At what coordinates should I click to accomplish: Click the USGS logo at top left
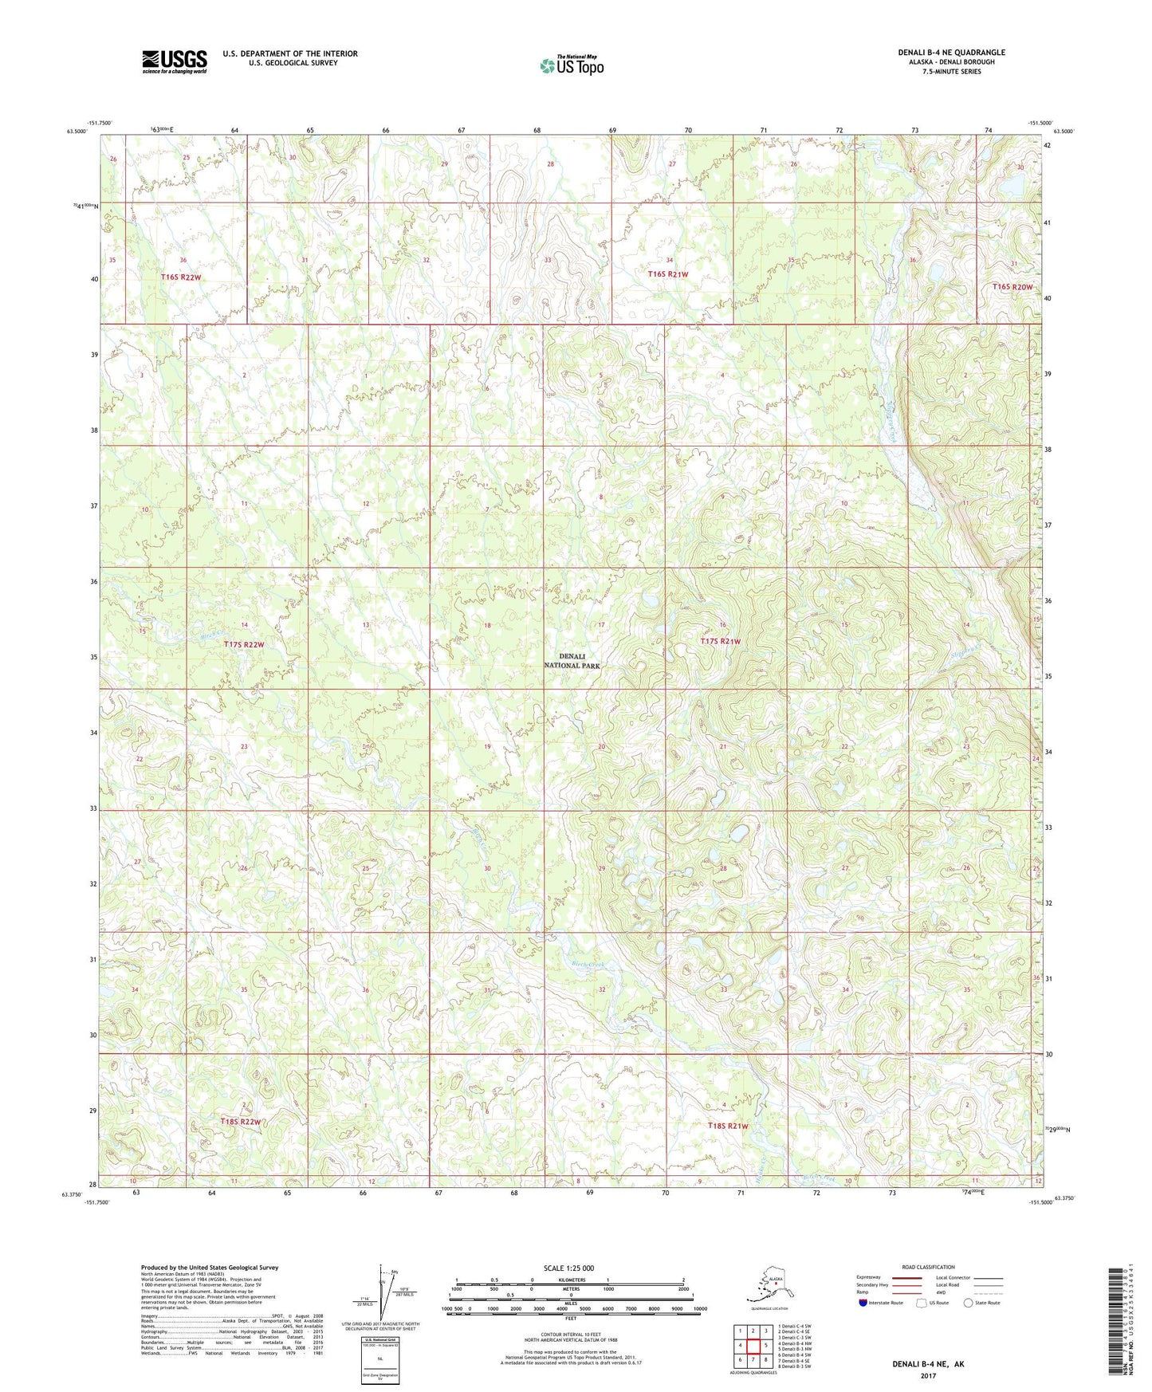click(175, 61)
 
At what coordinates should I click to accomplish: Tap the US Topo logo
click(571, 65)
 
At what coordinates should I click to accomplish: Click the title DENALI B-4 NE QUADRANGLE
click(951, 53)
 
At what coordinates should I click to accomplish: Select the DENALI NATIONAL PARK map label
click(572, 661)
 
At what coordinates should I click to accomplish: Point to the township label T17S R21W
click(721, 642)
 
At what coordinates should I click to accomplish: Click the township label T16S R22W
click(181, 277)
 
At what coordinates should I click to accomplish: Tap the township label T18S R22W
click(241, 1122)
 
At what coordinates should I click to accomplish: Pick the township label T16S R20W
click(1012, 287)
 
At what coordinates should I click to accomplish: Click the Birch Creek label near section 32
click(589, 965)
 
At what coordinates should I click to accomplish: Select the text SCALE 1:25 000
click(568, 1268)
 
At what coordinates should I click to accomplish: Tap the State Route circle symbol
click(969, 1303)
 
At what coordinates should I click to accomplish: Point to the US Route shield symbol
click(922, 1303)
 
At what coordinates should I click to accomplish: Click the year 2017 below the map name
click(928, 1375)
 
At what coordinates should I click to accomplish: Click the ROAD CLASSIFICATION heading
click(928, 1267)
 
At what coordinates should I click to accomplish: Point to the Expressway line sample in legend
click(906, 1277)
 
